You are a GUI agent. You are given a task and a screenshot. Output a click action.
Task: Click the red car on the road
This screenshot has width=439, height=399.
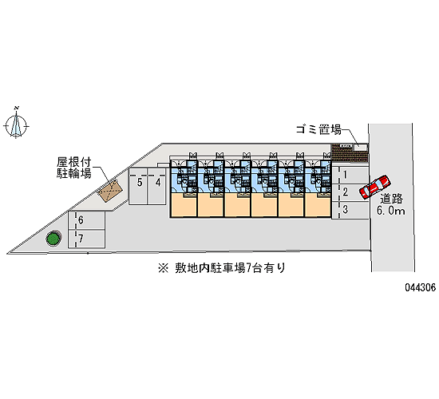375,187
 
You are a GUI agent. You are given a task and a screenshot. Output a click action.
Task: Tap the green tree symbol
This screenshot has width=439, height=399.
53,239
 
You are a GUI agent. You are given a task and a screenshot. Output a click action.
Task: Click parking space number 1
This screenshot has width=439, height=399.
350,175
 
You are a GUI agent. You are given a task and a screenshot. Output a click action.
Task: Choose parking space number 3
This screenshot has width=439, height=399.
350,210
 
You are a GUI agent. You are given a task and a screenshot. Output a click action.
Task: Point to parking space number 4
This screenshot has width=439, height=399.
156,186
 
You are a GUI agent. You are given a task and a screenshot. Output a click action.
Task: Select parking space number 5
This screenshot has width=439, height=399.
138,186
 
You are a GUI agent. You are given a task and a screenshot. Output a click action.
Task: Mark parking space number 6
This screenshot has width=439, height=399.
87,220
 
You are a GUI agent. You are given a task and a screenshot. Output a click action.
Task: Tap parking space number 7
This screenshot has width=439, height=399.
87,239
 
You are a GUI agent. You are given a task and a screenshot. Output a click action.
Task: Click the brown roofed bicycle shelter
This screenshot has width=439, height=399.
110,191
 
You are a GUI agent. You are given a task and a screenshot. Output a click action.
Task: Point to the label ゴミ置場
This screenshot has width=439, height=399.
318,129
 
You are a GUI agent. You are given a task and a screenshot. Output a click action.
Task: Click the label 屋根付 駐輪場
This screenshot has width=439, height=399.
74,168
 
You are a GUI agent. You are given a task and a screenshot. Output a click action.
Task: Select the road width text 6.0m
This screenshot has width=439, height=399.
390,211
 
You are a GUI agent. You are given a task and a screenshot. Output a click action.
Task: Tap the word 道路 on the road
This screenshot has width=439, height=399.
391,199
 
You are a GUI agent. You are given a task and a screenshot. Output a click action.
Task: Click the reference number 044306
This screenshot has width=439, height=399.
420,287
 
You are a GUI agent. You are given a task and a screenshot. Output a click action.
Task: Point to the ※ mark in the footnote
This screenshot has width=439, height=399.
163,268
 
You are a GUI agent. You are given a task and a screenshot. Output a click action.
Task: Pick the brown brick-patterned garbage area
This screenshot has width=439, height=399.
349,153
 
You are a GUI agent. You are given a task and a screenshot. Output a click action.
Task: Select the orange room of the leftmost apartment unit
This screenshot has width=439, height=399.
184,205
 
